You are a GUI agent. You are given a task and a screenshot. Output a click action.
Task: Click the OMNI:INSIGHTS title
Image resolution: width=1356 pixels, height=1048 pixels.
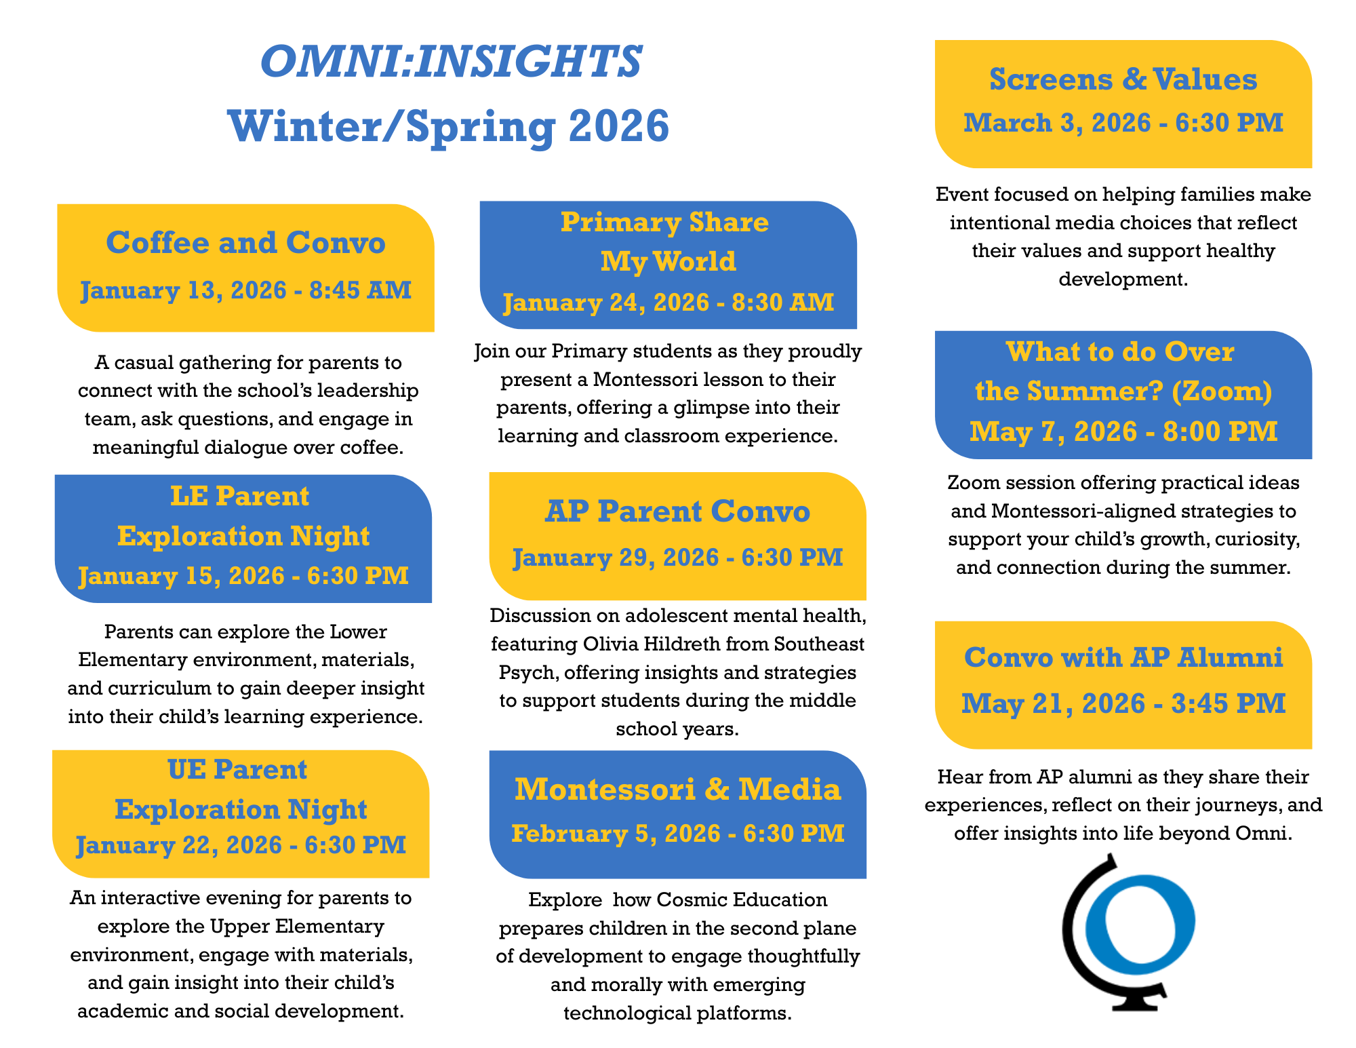(x=451, y=62)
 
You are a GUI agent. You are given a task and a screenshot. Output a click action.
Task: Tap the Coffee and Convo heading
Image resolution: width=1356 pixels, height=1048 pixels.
(x=245, y=243)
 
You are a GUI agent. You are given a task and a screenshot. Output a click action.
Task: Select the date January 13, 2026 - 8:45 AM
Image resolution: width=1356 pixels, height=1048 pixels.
(x=245, y=290)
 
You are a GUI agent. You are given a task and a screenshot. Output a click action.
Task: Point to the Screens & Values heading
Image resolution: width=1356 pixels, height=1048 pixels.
(x=1123, y=79)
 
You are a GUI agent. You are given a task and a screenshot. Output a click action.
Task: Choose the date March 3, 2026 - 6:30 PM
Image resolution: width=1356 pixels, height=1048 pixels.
(x=1123, y=123)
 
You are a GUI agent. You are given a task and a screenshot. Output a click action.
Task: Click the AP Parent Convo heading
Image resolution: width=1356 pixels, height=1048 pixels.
(x=677, y=511)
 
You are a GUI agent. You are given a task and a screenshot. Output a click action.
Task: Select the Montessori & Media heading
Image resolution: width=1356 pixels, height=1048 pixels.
(x=677, y=790)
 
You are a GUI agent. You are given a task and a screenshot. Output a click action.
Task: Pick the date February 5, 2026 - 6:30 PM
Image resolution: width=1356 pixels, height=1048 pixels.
(x=677, y=834)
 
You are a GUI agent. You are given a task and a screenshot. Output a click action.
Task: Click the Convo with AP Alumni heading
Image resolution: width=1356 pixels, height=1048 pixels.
(x=1123, y=657)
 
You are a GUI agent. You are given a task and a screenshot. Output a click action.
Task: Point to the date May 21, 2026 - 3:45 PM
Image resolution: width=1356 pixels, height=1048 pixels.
(x=1123, y=703)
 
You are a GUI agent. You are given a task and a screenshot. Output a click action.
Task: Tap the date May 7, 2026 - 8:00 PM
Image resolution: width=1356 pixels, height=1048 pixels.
(x=1123, y=431)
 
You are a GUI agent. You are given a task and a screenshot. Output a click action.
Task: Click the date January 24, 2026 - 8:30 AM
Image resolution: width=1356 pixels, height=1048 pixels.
(x=668, y=302)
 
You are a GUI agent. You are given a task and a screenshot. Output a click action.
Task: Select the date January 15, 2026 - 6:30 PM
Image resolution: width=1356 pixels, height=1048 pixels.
(x=243, y=576)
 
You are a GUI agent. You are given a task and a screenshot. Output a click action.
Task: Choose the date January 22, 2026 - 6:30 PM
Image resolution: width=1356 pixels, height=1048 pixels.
(x=241, y=845)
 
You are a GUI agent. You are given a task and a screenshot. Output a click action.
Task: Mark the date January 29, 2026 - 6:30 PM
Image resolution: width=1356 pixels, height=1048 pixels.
(x=677, y=558)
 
